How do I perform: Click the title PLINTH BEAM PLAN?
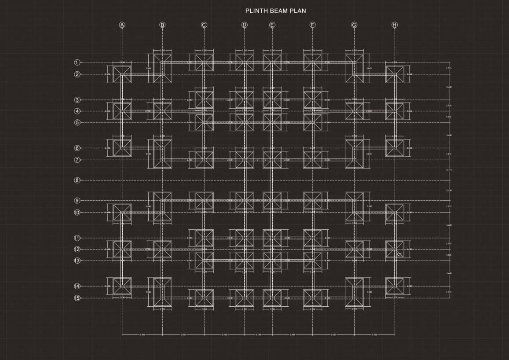coord(275,11)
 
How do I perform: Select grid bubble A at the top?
coord(122,25)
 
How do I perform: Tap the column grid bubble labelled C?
coord(204,25)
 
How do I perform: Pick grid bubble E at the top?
coord(272,25)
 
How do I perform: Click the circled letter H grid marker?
coord(395,25)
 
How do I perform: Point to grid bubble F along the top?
coord(312,25)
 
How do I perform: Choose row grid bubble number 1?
coord(77,62)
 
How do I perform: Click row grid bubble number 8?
coord(77,180)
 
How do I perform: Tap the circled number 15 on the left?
coord(77,298)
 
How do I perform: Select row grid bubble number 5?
coord(77,122)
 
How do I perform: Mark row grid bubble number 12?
coord(77,250)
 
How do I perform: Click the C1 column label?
coord(400,254)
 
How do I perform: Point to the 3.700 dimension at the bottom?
coord(258,335)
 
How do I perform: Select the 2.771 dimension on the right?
coord(449,170)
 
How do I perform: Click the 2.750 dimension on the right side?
coord(449,190)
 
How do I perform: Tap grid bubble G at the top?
coord(354,25)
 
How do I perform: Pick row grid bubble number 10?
coord(77,213)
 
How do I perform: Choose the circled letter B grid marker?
coord(162,25)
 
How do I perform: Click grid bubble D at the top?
coord(245,25)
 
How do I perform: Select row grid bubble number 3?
coord(77,100)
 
